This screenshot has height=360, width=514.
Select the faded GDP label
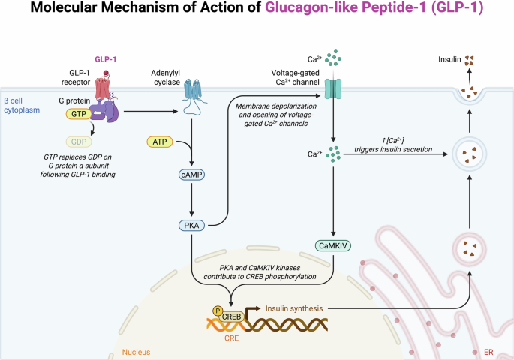pyautogui.click(x=79, y=140)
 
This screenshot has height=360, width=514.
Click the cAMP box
pyautogui.click(x=192, y=174)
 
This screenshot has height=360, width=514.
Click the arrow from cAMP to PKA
pyautogui.click(x=192, y=200)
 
